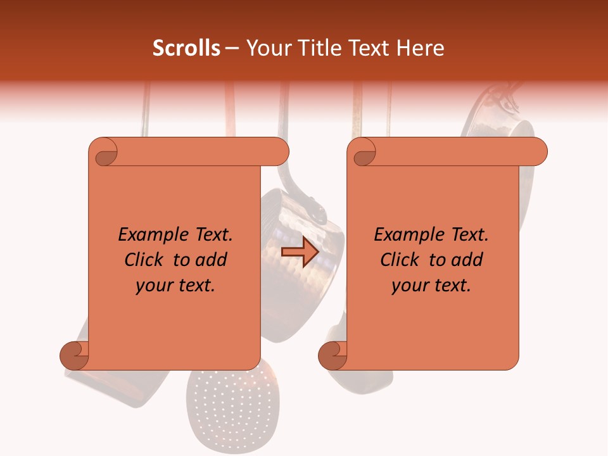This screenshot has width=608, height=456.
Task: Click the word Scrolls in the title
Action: pos(187,48)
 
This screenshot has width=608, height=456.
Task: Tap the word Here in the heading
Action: pos(418,48)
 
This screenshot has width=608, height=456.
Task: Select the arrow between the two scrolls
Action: pos(300,253)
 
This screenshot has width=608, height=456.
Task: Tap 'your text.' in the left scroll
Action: pos(175,286)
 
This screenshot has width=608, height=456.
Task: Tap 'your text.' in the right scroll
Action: pos(431,286)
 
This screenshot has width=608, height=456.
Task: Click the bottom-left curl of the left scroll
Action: pos(74,355)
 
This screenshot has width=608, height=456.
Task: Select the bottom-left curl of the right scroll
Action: pos(333,355)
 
